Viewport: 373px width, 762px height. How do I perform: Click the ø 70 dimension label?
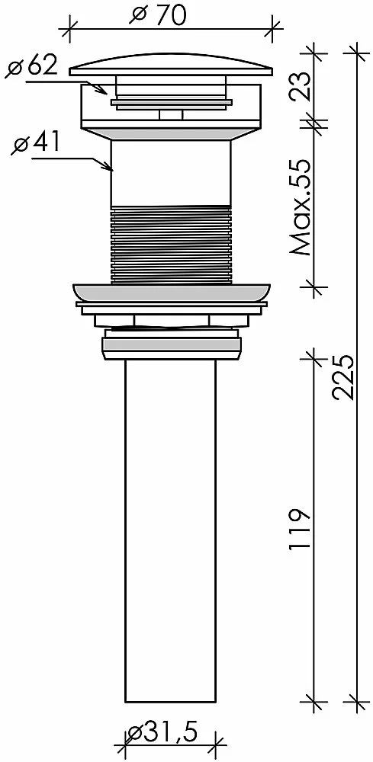tap(158, 15)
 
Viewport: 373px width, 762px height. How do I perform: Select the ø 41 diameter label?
tap(36, 143)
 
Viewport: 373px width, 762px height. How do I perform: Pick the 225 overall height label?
tap(343, 377)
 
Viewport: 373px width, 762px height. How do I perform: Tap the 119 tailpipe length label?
tap(300, 530)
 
